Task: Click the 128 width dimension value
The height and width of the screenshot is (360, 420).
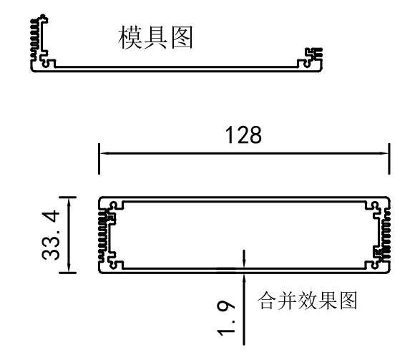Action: click(243, 135)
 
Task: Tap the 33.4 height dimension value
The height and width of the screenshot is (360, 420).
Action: click(51, 235)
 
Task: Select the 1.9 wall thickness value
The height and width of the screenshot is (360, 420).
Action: click(225, 318)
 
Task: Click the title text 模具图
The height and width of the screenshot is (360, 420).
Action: click(155, 37)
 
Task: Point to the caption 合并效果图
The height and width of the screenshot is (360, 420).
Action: click(307, 301)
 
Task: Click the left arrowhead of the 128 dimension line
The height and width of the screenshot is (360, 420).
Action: click(104, 153)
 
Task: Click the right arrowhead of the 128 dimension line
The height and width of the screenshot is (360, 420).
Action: click(384, 153)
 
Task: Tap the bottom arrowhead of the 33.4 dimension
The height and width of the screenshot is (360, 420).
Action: click(69, 268)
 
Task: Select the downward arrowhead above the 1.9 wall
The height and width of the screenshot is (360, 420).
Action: click(244, 263)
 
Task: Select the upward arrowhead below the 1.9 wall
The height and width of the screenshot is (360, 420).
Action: click(244, 278)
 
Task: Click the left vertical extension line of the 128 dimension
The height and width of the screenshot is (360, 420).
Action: click(99, 159)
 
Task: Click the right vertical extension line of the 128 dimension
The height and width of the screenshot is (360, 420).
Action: click(389, 159)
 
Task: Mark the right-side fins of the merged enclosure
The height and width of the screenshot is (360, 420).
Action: click(386, 234)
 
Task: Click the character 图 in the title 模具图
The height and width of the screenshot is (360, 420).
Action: click(182, 37)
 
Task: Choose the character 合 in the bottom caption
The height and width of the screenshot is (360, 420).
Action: click(266, 301)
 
